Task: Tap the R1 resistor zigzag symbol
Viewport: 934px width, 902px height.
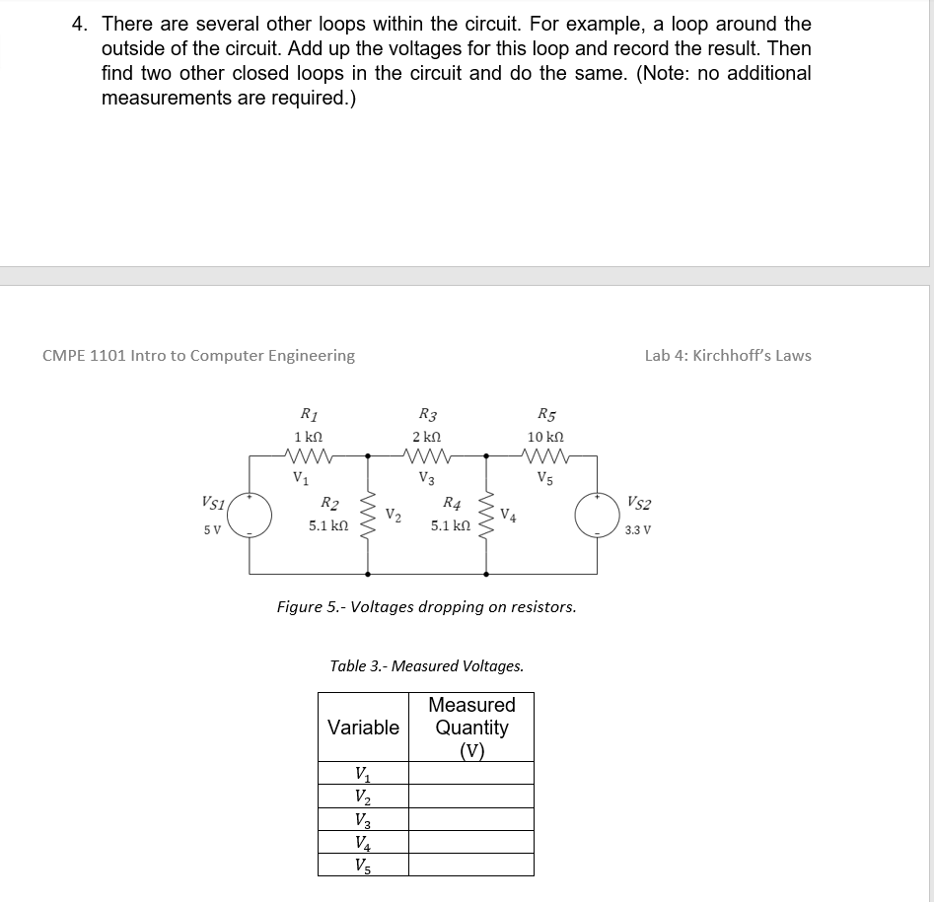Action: point(309,455)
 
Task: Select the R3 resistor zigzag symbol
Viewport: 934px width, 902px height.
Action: point(427,455)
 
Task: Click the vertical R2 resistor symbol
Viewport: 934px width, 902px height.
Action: point(369,514)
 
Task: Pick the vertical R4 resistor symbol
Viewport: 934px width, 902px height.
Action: point(486,514)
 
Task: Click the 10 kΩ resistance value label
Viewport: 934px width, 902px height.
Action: point(545,437)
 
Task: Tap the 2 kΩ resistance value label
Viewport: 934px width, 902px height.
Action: point(427,437)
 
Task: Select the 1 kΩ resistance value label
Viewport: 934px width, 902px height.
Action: point(309,437)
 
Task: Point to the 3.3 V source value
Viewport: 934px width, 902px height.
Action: point(638,529)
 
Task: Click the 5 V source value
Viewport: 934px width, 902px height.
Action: point(212,529)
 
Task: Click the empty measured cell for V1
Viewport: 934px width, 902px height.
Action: point(470,773)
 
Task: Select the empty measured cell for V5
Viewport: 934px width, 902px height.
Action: point(470,865)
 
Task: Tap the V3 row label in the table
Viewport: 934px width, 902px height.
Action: point(363,819)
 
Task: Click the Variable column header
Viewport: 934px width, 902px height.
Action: point(363,728)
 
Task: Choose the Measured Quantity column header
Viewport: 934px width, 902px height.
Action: point(471,728)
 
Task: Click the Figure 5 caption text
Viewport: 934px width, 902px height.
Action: point(426,607)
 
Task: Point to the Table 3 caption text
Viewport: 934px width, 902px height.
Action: point(426,666)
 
